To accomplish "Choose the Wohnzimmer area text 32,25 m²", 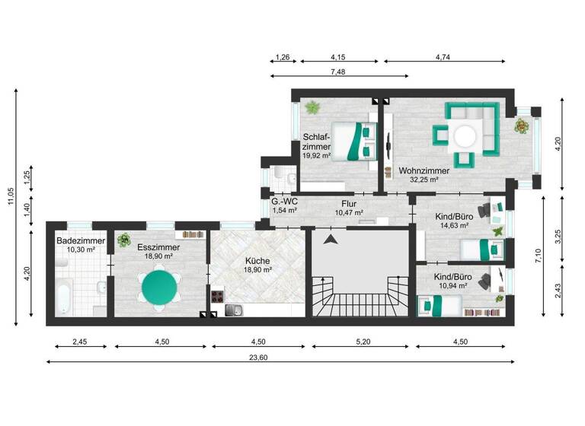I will pos(423,180).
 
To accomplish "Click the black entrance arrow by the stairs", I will pos(330,240).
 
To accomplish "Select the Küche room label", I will pos(257,260).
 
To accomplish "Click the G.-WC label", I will pos(284,202).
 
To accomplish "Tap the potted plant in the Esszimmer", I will pos(123,241).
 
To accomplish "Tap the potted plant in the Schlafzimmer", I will pos(312,106).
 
